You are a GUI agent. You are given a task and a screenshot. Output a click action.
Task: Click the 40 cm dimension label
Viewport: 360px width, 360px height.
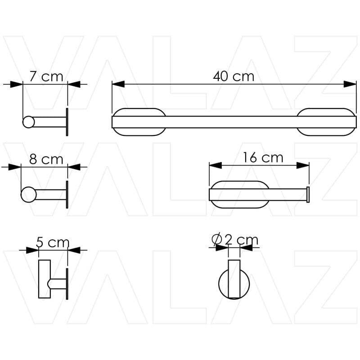[234, 76]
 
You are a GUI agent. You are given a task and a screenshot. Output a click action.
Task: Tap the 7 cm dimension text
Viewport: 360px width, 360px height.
[46, 76]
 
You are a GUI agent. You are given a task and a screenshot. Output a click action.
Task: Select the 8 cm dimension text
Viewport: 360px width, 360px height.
[46, 159]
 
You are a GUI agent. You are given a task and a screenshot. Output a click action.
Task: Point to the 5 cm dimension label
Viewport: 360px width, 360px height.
[53, 243]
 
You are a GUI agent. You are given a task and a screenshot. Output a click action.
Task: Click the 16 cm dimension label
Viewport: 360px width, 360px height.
[263, 157]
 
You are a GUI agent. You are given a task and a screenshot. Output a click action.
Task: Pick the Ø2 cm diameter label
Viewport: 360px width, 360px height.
[235, 239]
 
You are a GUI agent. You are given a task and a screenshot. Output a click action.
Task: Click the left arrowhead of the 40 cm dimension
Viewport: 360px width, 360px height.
[118, 84]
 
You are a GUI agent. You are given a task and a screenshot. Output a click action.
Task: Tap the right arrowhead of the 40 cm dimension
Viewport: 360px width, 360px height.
[350, 84]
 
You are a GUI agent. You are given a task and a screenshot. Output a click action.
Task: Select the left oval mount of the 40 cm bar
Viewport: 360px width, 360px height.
[139, 122]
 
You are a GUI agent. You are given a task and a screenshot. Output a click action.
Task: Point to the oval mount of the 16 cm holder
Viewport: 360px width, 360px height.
[240, 194]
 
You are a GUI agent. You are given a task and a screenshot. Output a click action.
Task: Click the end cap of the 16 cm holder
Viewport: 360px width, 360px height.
[308, 194]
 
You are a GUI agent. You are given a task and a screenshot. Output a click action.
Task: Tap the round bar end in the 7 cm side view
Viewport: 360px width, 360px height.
[28, 122]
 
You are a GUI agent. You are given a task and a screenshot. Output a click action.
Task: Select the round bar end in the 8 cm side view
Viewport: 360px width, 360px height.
[28, 194]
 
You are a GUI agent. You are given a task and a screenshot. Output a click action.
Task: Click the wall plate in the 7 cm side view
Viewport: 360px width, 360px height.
[67, 122]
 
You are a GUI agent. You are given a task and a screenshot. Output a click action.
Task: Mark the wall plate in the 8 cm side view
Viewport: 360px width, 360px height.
[67, 194]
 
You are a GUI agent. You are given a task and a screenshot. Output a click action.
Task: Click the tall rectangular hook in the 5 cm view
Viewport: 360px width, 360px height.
[44, 279]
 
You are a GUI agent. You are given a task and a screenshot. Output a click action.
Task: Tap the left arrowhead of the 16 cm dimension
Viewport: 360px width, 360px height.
[215, 166]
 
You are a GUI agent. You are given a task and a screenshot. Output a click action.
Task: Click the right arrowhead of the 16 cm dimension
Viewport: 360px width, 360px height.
[303, 166]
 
